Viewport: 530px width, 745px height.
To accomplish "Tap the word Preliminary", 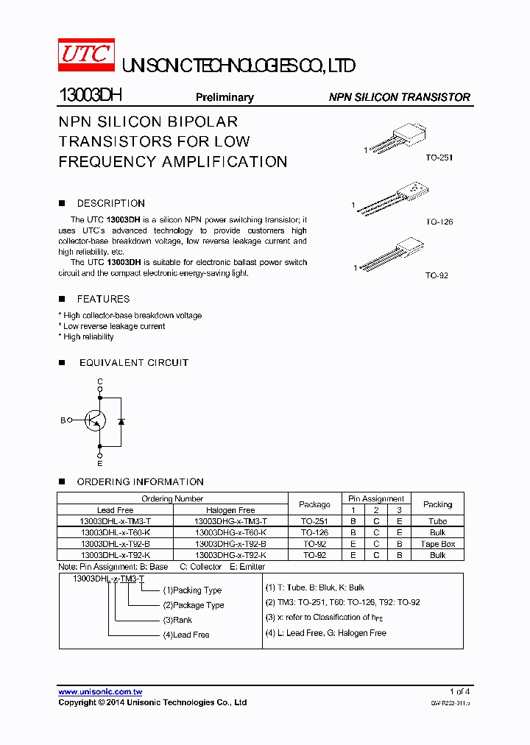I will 225,97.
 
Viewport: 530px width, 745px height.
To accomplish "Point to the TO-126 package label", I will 439,222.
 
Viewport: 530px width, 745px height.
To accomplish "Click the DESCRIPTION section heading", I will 110,203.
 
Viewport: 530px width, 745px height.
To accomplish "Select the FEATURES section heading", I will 103,299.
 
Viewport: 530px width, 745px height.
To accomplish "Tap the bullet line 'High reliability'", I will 87,336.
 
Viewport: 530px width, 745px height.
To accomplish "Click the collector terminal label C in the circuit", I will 100,381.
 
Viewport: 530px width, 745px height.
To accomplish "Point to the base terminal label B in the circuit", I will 63,420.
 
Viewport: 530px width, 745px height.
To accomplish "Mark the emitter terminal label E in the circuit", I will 100,463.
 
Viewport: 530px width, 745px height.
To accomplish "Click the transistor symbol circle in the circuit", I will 94,420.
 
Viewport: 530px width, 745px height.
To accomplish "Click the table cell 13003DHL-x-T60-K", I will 116,532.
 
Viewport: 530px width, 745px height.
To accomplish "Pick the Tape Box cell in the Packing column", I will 437,544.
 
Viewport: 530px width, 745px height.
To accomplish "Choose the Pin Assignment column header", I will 376,498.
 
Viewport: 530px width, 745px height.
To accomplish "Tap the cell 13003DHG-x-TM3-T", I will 230,521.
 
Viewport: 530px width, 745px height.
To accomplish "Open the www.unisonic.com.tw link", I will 100,692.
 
